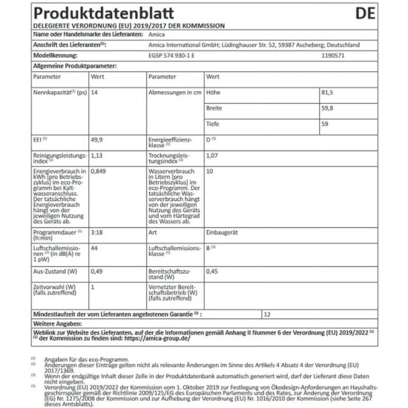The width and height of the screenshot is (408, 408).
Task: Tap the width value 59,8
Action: pyautogui.click(x=342, y=108)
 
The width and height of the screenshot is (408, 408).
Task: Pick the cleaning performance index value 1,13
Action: pyautogui.click(x=96, y=155)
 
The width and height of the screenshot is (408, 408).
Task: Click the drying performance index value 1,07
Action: pyautogui.click(x=213, y=155)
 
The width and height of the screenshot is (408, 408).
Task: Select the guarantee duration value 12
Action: pyautogui.click(x=267, y=314)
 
